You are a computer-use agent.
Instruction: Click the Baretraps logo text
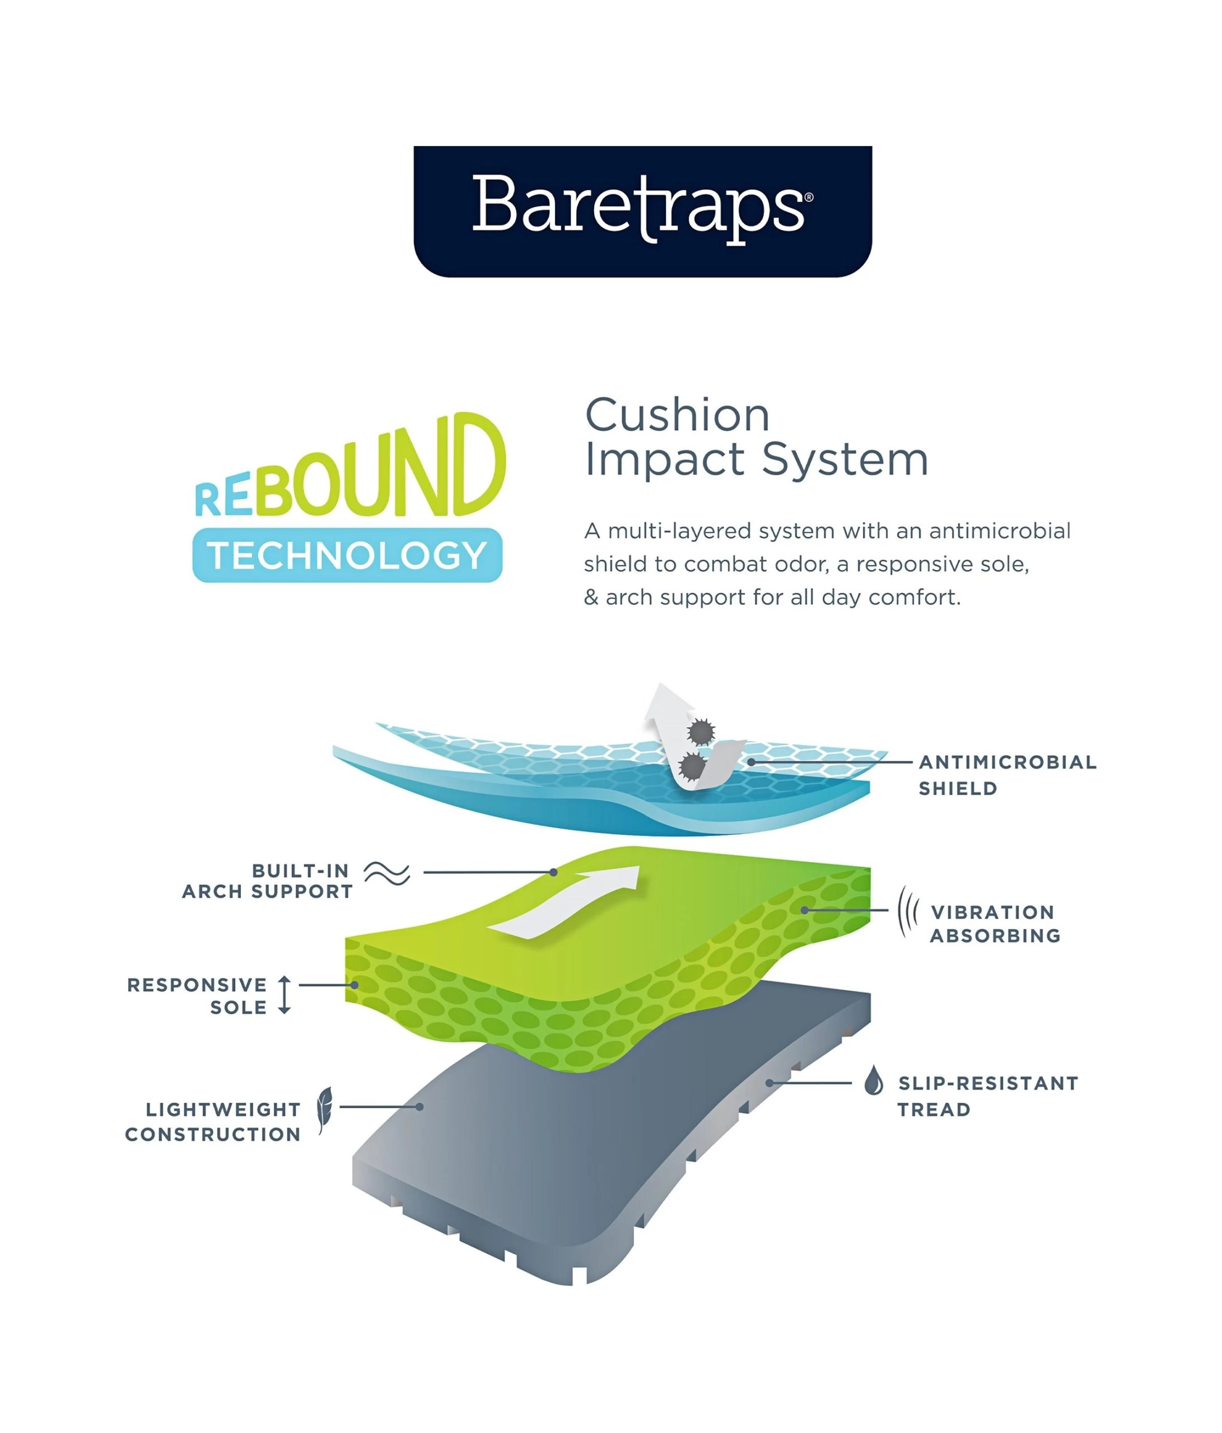pos(637,208)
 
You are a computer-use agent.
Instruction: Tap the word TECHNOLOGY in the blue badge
pos(347,555)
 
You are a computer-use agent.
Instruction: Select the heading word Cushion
pos(677,415)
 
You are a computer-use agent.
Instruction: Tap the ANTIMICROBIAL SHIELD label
pos(1007,775)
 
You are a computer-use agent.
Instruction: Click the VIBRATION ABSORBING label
pos(995,923)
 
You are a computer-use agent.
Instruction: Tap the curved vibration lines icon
pos(907,911)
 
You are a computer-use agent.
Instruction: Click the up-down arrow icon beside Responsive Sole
pos(284,995)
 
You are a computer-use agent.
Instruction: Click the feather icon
pos(324,1109)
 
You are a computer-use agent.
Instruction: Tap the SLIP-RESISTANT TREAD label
pos(987,1095)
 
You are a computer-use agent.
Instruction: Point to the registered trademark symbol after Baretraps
pos(809,198)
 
